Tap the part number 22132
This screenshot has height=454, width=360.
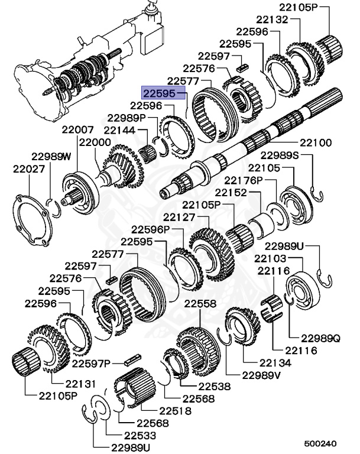[x=271, y=20]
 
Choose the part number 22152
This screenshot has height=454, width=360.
[x=230, y=193]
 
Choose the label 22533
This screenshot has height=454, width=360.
[x=137, y=434]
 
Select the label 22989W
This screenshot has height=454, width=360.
[x=51, y=156]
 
